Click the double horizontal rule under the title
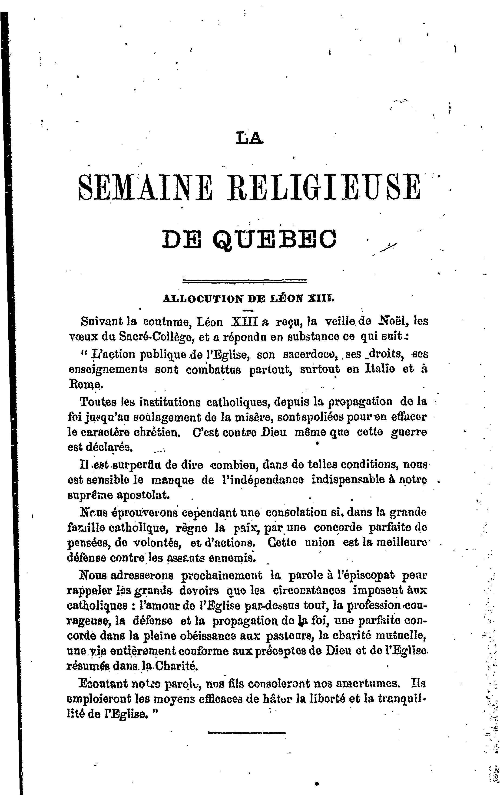coord(245,281)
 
